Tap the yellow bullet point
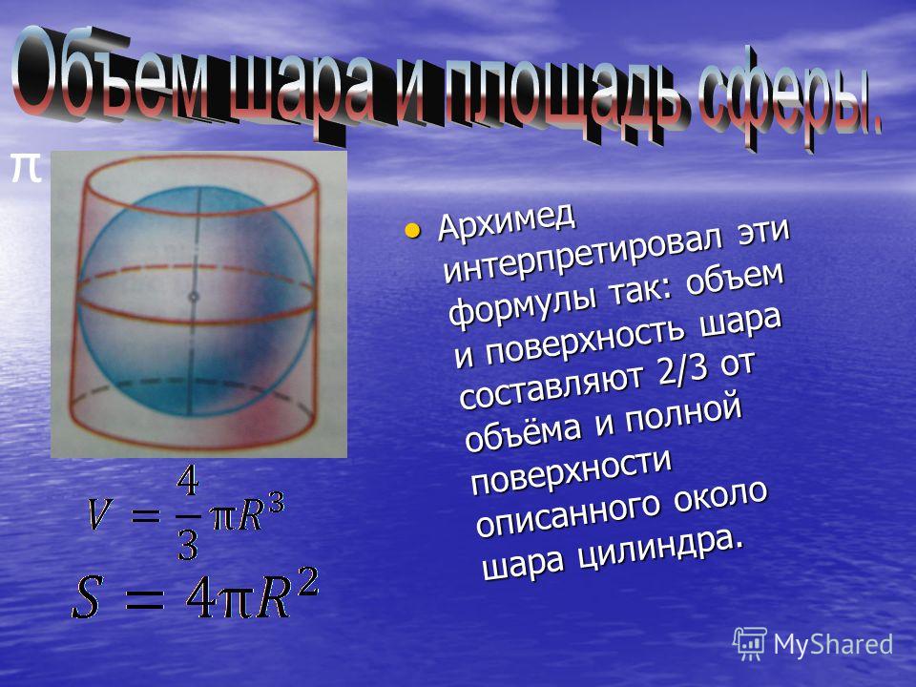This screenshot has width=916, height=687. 412,230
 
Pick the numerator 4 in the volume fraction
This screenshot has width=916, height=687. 188,483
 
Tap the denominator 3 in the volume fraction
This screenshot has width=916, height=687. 188,546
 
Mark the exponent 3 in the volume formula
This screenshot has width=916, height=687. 276,503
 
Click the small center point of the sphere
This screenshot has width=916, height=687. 194,297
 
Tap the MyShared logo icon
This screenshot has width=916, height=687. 750,644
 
